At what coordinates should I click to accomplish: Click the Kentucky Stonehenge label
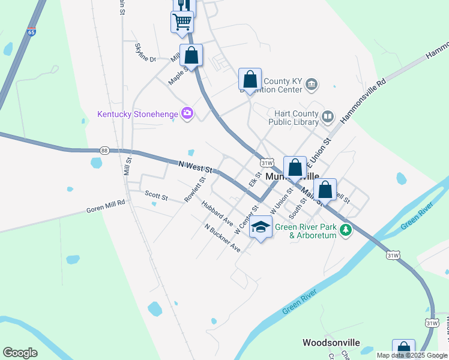139,113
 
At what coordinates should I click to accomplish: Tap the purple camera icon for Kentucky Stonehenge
187,113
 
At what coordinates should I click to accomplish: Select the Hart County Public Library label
296,118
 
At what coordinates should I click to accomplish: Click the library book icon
327,116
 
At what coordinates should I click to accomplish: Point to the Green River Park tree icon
345,230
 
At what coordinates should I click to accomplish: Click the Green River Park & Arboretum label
311,230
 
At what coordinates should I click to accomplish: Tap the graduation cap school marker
261,226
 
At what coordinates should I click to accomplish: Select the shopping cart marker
182,22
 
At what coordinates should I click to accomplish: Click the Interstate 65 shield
30,32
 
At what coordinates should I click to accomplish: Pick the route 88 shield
105,151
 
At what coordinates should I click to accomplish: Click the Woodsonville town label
331,343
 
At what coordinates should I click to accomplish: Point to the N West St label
196,166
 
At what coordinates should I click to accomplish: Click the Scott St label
156,196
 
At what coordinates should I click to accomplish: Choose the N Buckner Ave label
222,238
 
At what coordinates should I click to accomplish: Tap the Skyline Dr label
145,52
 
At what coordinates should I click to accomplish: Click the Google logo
20,353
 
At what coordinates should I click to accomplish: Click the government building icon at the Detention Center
311,83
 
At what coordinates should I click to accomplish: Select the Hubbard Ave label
217,212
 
